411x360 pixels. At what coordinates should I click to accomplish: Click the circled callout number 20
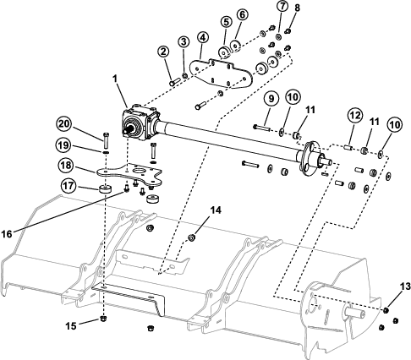click(64, 125)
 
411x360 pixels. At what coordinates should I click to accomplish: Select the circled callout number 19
click(63, 145)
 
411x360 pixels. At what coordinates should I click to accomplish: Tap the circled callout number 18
click(66, 166)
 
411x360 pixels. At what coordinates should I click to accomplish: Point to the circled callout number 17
click(68, 186)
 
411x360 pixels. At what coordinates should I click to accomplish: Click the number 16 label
click(7, 234)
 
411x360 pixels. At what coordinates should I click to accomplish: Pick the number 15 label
click(71, 326)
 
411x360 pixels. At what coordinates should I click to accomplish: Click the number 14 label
click(216, 210)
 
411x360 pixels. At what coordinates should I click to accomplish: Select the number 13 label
click(405, 286)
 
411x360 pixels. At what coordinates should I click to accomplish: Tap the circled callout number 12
click(355, 115)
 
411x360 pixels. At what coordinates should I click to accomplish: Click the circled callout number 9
click(271, 99)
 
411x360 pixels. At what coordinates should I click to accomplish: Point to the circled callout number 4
click(203, 37)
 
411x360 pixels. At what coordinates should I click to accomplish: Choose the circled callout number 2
click(163, 52)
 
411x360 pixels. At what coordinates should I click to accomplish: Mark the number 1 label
click(115, 79)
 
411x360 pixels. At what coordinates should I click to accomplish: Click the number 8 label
click(297, 8)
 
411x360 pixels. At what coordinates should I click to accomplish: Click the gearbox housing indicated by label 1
click(139, 124)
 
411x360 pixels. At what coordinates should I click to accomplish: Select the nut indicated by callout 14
click(192, 237)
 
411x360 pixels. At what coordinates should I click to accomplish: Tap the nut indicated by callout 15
click(104, 319)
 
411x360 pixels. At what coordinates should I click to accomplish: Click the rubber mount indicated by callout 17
click(105, 188)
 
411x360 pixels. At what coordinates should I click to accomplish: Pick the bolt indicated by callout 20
click(106, 140)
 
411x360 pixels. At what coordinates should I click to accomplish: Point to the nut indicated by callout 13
click(386, 310)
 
